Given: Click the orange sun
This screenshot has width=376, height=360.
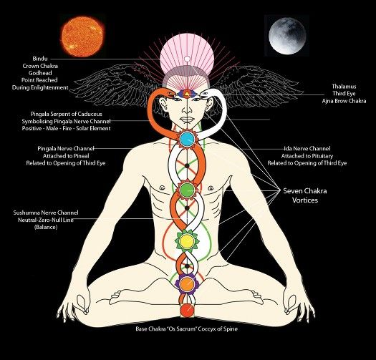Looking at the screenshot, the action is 82,37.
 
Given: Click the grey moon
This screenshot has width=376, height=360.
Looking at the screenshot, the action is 287,35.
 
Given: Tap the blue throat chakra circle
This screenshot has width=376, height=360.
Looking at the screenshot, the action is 187,139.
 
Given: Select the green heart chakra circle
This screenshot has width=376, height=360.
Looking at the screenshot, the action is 187,190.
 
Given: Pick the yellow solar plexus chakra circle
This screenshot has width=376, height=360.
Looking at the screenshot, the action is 187,241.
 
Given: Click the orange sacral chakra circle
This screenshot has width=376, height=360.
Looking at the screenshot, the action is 187,283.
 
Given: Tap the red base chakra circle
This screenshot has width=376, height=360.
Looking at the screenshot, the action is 187,310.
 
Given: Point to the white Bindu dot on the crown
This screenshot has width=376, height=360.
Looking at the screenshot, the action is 187,59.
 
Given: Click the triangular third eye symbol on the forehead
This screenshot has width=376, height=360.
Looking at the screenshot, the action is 187,94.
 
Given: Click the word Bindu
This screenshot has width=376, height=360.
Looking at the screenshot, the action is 40,59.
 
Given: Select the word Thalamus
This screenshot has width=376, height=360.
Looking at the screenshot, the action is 344,87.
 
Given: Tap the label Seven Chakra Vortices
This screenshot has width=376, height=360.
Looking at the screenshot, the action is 305,195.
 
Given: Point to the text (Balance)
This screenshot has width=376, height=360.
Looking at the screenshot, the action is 46,227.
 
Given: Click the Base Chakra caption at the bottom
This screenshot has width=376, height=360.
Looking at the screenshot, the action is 186,329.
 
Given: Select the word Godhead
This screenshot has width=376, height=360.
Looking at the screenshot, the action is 40,73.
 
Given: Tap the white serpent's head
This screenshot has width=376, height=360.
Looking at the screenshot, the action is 205,93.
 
